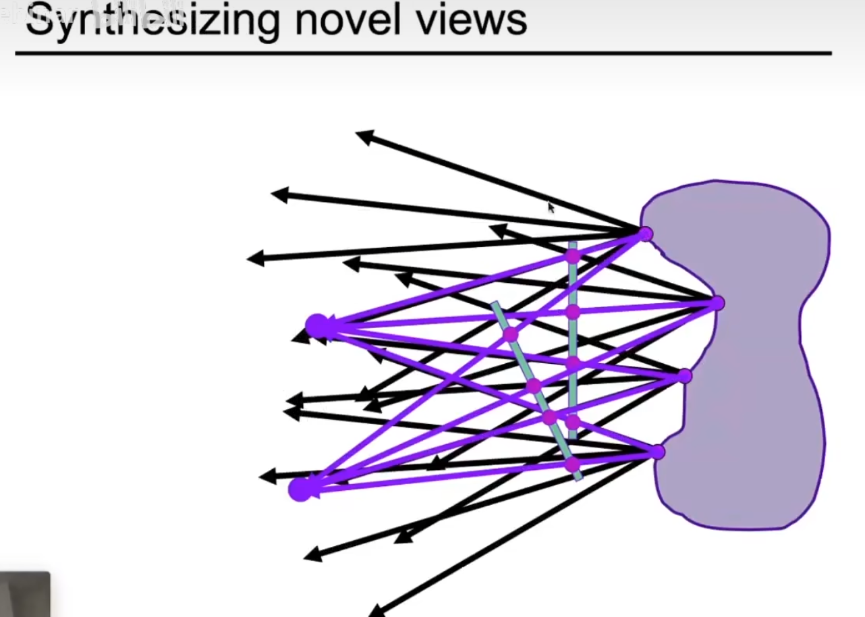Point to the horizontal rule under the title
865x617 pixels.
[x=423, y=53]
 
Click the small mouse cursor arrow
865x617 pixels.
[x=551, y=208]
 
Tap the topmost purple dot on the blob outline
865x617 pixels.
[x=645, y=234]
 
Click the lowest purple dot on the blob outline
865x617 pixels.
[x=658, y=452]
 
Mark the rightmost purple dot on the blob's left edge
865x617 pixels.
[x=717, y=304]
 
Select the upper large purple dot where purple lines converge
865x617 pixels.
[x=316, y=326]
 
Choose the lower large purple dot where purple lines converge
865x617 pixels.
[x=300, y=489]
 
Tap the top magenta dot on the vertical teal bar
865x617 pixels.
[x=572, y=256]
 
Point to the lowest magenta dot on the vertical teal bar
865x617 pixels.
[x=572, y=423]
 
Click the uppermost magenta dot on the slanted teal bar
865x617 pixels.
[x=511, y=334]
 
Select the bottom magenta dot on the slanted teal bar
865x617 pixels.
[x=572, y=464]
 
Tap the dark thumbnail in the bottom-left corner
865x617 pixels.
[x=24, y=594]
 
